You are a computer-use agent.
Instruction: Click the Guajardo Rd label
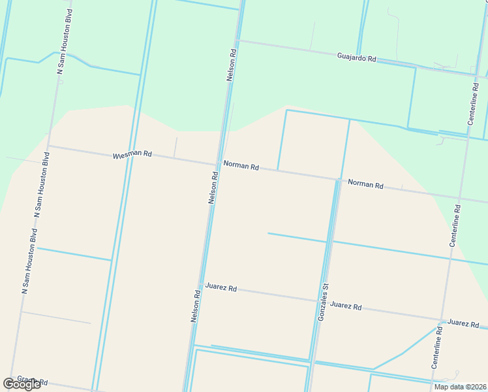point(357,58)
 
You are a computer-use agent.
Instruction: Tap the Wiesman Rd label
point(132,155)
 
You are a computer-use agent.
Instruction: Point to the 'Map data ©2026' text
point(461,387)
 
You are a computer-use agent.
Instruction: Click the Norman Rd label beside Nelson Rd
point(241,167)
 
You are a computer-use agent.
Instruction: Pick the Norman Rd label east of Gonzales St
point(365,184)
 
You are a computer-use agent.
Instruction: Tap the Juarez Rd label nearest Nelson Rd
point(221,287)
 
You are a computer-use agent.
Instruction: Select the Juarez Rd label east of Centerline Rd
point(463,323)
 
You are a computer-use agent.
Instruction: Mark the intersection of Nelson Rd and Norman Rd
point(217,164)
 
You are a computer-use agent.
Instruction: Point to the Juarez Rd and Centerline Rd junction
point(442,320)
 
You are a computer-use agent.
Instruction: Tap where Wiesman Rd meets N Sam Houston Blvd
point(49,146)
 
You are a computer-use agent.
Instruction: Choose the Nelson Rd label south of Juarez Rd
point(194,306)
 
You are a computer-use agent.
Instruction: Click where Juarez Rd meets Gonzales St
point(319,301)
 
